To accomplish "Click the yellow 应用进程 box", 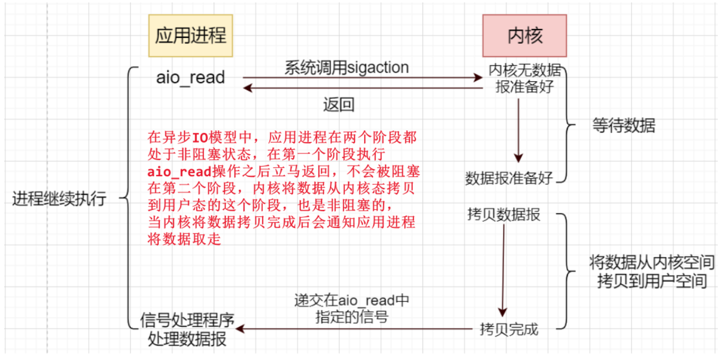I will pyautogui.click(x=191, y=35).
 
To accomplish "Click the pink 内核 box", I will pyautogui.click(x=524, y=35).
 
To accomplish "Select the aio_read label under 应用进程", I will pyautogui.click(x=191, y=77).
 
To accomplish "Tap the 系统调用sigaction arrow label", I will pyautogui.click(x=346, y=67).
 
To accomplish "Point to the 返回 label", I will pyautogui.click(x=339, y=104).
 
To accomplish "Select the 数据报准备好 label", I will pyautogui.click(x=509, y=178).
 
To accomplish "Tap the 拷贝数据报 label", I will pyautogui.click(x=504, y=215).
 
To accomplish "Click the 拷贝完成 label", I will pyautogui.click(x=508, y=330).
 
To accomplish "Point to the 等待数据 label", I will pyautogui.click(x=623, y=126).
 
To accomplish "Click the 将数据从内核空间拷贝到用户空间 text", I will pyautogui.click(x=652, y=271).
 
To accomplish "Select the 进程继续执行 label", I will pyautogui.click(x=59, y=199).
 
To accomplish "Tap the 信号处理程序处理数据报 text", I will pyautogui.click(x=187, y=330).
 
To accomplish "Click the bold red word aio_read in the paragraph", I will pyautogui.click(x=179, y=172).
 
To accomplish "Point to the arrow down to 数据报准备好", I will pyautogui.click(x=518, y=131).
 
